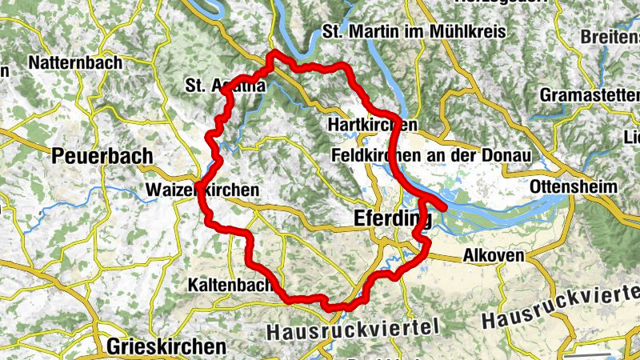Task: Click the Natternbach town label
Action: (x=74, y=62)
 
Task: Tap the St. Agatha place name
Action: (x=225, y=85)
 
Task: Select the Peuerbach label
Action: (x=102, y=156)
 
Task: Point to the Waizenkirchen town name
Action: (x=203, y=190)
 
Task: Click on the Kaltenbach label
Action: (x=229, y=284)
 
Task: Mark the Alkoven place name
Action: (x=494, y=256)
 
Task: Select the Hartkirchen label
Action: (x=373, y=126)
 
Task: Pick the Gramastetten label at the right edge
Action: (x=590, y=94)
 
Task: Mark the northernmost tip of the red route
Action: (x=274, y=53)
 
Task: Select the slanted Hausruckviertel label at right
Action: (x=559, y=307)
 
